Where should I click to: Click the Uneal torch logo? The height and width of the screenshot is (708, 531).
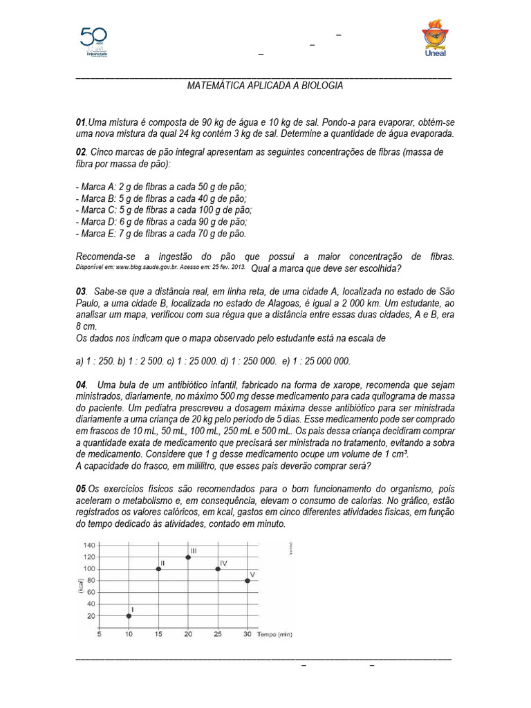pos(435,39)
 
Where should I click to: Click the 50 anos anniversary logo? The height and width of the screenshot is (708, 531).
pos(95,41)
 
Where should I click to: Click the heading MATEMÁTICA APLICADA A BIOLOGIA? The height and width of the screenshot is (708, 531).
pos(265,85)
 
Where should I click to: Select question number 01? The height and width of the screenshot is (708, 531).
pos(82,122)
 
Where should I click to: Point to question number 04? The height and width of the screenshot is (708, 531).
pos(82,384)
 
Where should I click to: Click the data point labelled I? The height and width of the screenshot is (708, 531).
pos(129,615)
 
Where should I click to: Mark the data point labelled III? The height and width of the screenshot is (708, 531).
pos(188,557)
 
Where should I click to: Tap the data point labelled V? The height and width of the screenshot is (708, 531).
pos(248,580)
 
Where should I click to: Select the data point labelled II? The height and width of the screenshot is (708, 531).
pos(158,568)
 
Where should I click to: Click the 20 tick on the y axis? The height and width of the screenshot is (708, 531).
pos(91,615)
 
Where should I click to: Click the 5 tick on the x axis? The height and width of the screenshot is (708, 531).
pos(99,633)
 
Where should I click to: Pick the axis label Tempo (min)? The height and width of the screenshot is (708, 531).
pos(275,633)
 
